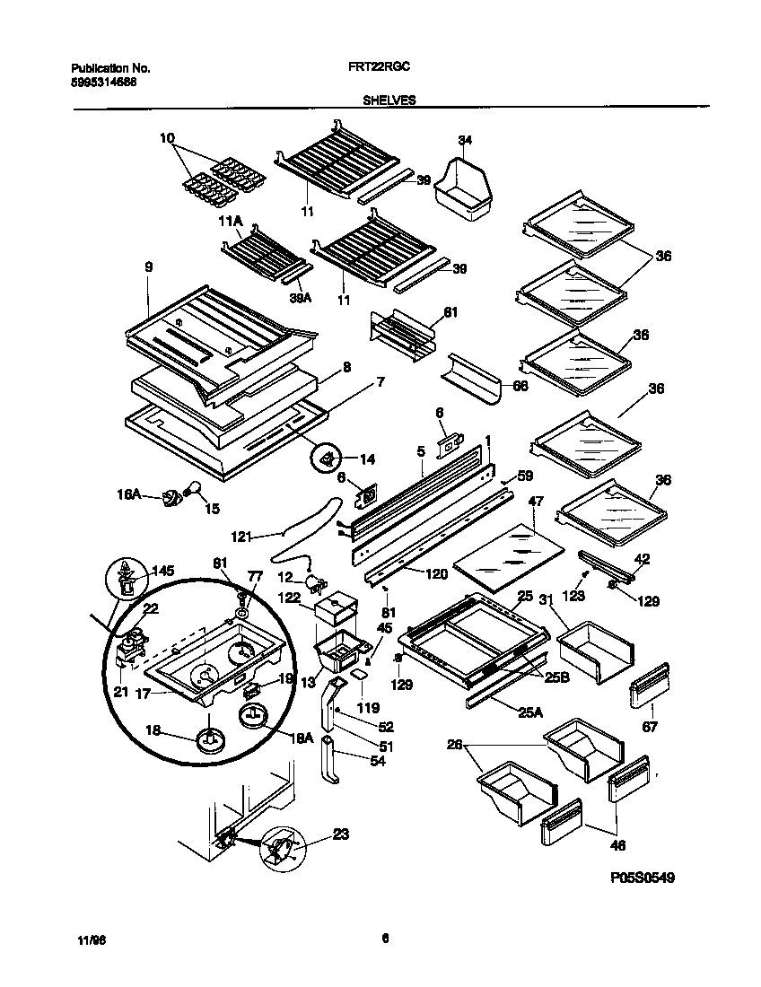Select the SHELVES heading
(389, 101)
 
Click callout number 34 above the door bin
(464, 140)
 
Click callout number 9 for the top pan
(147, 266)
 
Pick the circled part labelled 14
(327, 459)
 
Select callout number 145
(162, 571)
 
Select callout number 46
(617, 844)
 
